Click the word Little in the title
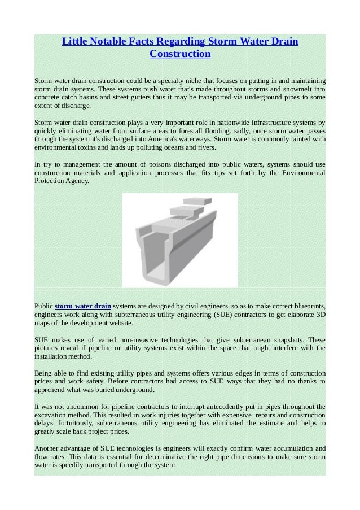pyautogui.click(x=74, y=42)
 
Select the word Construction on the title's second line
pyautogui.click(x=180, y=54)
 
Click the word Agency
pyautogui.click(x=76, y=181)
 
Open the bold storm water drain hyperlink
pyautogui.click(x=83, y=306)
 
